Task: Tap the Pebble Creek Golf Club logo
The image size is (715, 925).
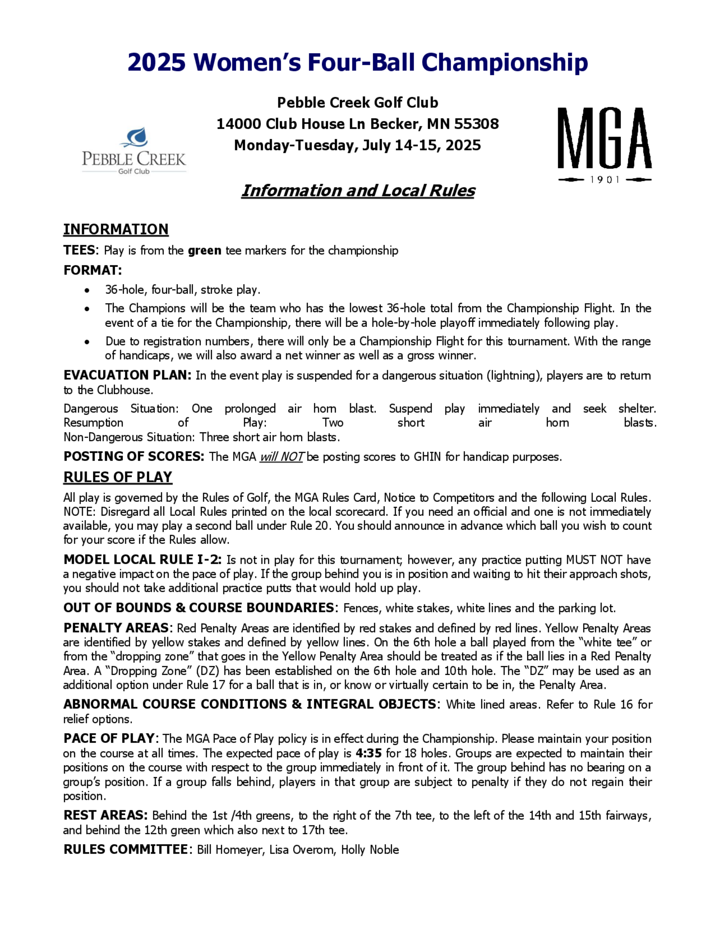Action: pos(134,151)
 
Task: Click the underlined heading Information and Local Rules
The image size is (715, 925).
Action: pos(358,191)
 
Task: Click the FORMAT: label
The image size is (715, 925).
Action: pos(93,270)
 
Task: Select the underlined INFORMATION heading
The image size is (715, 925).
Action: pos(115,229)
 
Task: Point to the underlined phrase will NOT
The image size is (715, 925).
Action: pos(281,456)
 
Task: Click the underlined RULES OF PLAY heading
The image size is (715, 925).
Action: pos(118,477)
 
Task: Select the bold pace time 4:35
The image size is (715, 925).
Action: pos(369,753)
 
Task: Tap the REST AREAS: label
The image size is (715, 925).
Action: pos(105,815)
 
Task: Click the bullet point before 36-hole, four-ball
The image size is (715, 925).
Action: pos(87,290)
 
